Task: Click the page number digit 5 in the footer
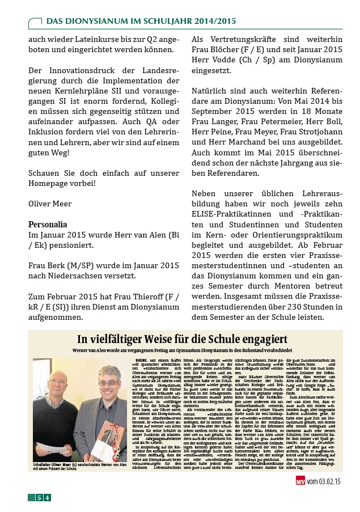(x=39, y=498)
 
